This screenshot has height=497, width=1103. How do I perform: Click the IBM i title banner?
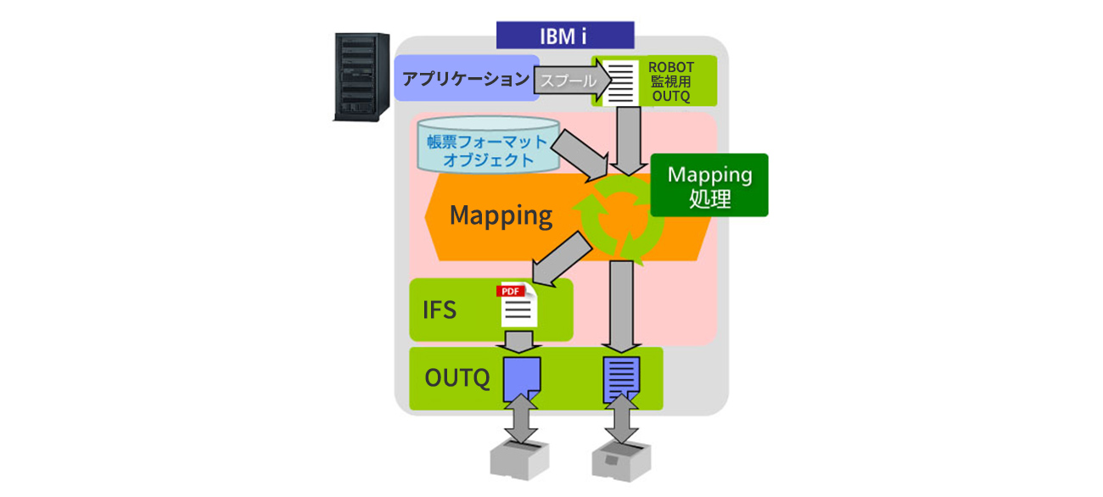tap(564, 35)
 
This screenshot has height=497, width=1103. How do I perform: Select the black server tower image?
tap(361, 75)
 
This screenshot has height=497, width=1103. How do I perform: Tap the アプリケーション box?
tap(465, 79)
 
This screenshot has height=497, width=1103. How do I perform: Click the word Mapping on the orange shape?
tap(501, 215)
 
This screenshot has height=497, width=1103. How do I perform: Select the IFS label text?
tap(440, 310)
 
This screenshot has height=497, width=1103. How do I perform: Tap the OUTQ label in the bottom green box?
tap(457, 378)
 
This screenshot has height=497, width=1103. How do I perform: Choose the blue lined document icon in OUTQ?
tap(621, 379)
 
